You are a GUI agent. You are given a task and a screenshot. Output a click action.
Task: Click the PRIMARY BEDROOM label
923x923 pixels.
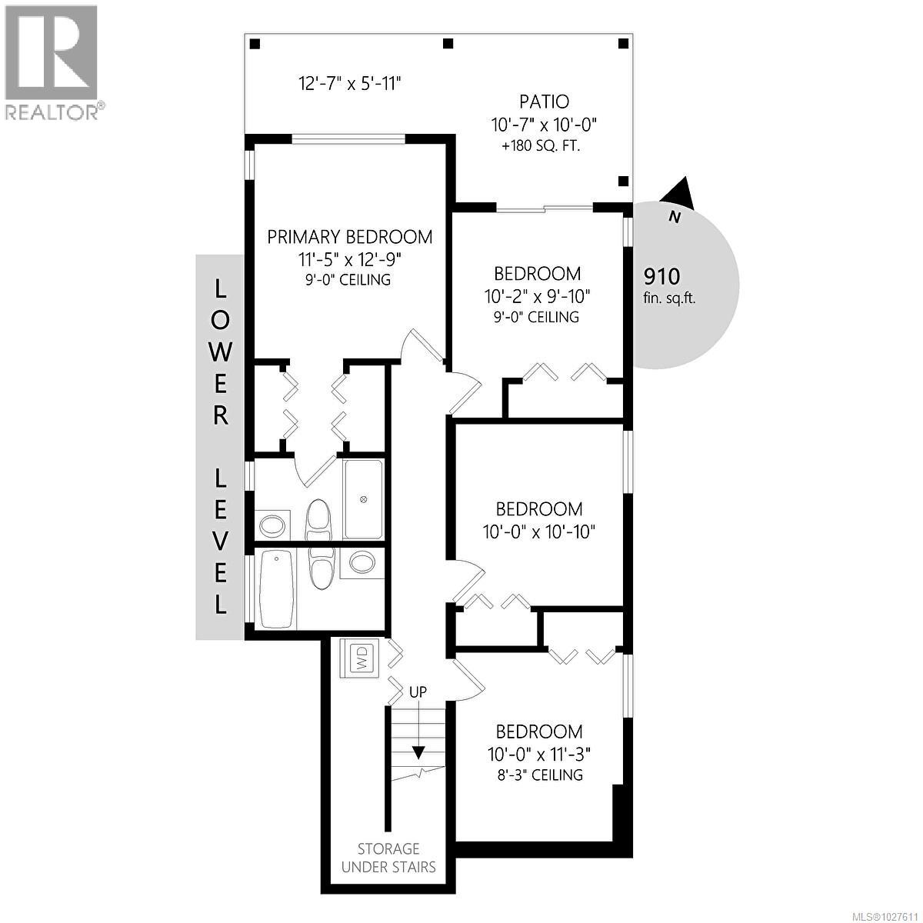click(x=350, y=237)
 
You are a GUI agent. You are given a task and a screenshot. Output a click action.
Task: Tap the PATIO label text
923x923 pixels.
click(x=544, y=102)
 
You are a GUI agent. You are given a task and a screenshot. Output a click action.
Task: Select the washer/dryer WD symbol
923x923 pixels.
click(x=360, y=658)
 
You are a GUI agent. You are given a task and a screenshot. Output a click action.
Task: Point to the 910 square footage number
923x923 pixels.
click(x=661, y=276)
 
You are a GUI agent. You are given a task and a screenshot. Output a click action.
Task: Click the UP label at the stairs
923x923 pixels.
click(x=418, y=691)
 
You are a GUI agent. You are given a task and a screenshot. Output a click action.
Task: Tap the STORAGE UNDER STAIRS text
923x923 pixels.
click(x=389, y=858)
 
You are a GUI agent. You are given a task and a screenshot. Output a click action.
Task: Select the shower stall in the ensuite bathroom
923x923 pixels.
click(x=362, y=499)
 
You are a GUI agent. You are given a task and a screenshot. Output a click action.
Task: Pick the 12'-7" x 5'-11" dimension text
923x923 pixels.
click(x=350, y=83)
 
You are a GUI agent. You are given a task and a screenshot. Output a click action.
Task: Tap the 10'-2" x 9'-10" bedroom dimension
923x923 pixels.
click(x=538, y=295)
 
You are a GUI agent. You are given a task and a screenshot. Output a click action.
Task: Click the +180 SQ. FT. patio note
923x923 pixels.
click(x=541, y=145)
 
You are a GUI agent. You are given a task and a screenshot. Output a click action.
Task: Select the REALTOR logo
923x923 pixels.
click(x=52, y=62)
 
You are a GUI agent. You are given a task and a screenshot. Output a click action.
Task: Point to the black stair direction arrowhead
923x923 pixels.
click(x=418, y=751)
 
